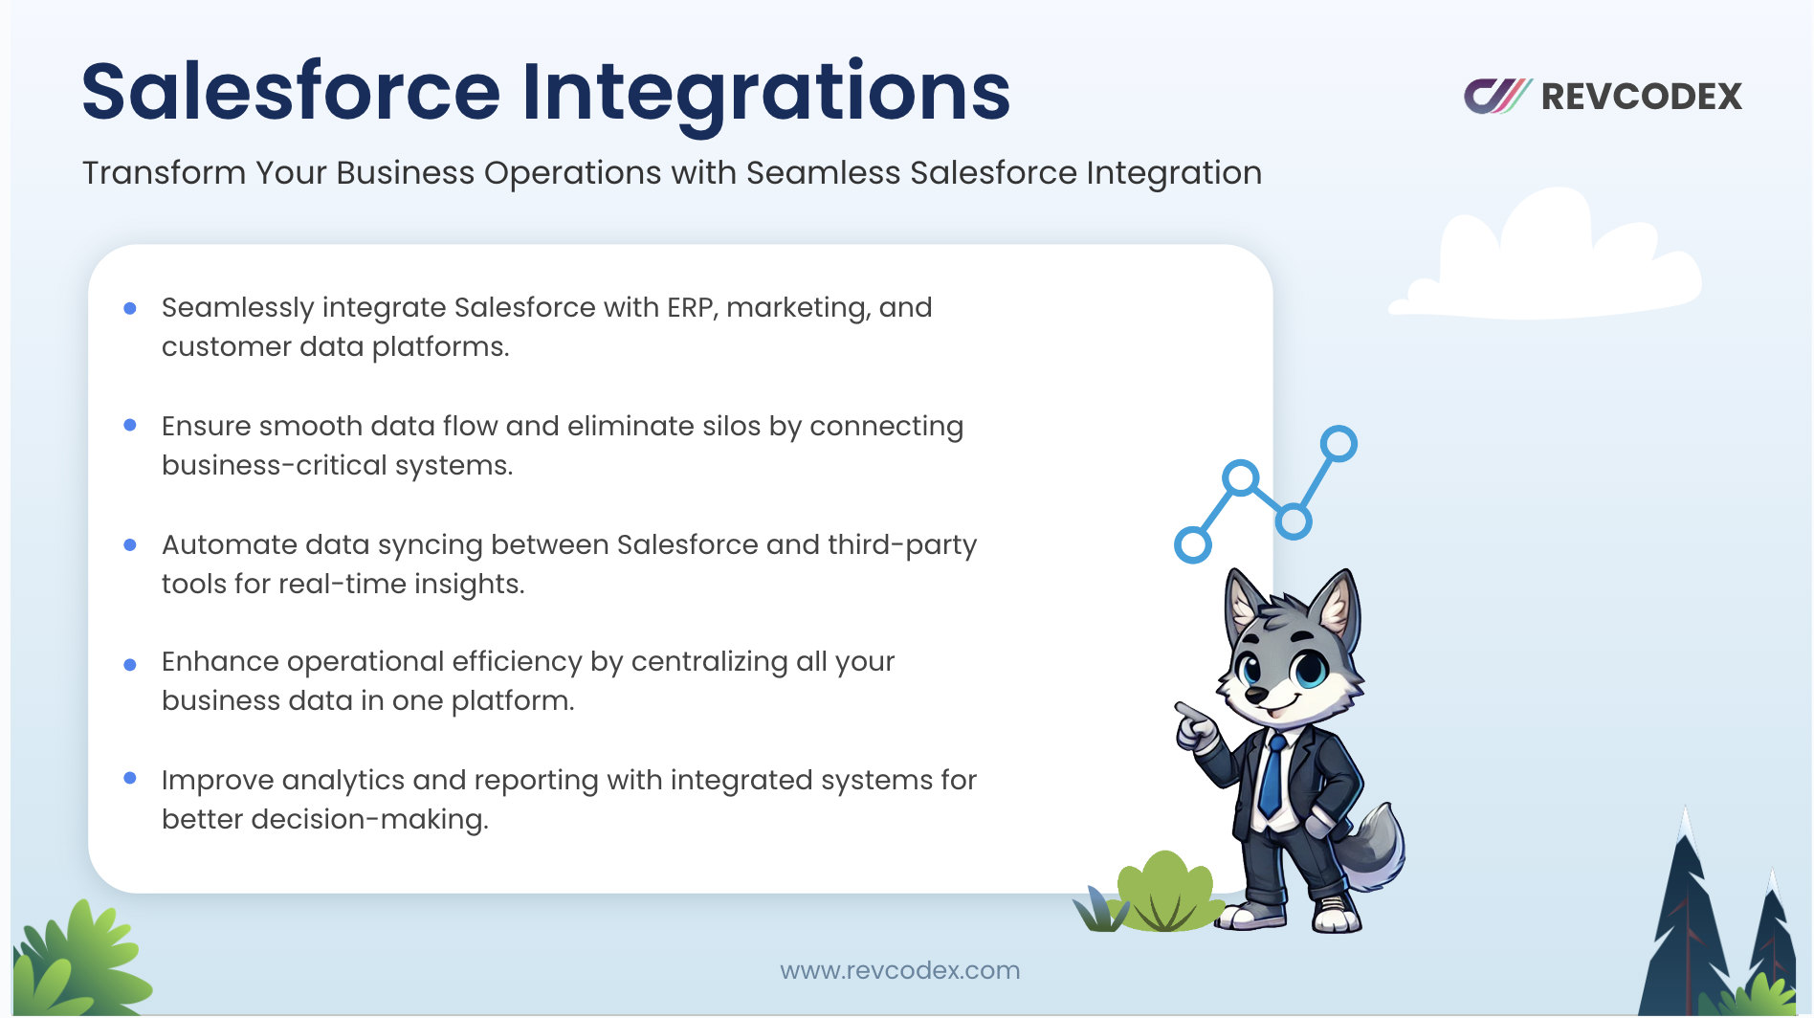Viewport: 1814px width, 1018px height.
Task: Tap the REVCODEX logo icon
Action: click(1497, 96)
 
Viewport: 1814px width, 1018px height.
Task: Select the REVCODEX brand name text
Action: click(1642, 97)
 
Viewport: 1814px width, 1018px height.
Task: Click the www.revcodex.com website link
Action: click(899, 970)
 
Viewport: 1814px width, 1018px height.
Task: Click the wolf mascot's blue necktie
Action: click(1272, 776)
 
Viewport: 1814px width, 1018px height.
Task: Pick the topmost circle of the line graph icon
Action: click(1338, 444)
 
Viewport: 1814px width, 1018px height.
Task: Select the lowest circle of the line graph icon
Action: click(1192, 545)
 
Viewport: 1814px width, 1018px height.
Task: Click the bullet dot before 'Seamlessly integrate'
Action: click(130, 308)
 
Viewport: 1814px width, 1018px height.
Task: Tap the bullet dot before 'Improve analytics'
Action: click(130, 778)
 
